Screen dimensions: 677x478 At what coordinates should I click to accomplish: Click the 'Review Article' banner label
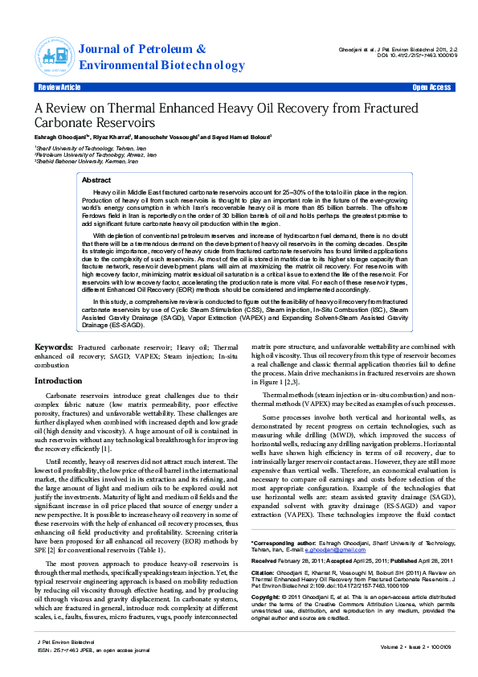(x=59, y=87)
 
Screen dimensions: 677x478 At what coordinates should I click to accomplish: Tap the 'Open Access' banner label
(x=431, y=87)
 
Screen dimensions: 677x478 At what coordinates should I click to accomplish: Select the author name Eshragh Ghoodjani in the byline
(x=61, y=137)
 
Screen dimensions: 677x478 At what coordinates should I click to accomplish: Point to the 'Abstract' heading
(x=96, y=181)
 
